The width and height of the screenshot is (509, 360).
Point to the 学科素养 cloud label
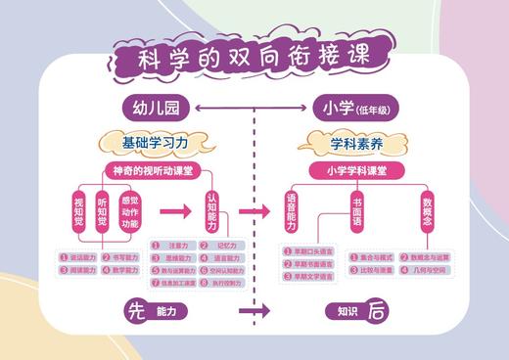355,143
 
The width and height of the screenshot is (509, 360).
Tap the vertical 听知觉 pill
103,214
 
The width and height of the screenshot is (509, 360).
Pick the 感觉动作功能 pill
129,212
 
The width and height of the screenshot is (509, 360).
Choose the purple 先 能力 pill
155,311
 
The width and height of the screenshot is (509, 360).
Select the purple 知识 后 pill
356,311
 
